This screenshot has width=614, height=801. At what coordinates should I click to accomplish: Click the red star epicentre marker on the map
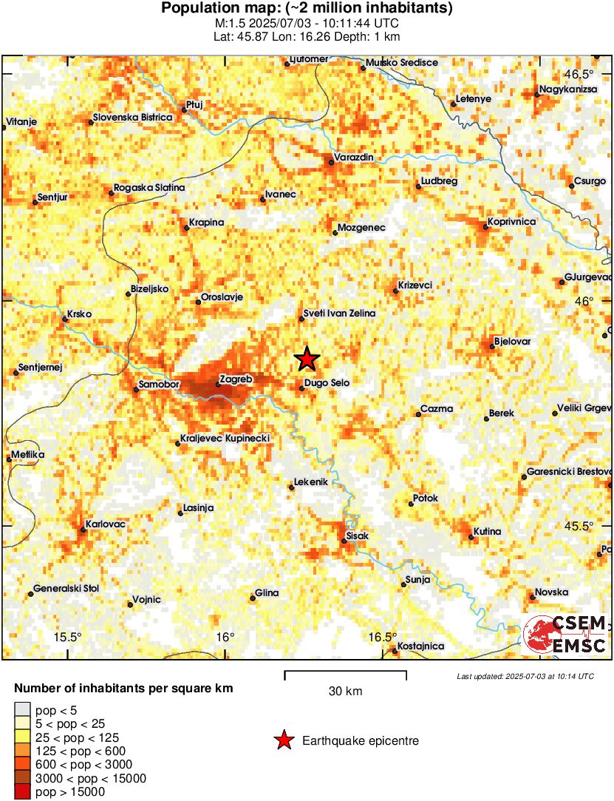click(x=307, y=359)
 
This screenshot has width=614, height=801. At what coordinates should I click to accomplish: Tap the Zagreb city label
click(x=237, y=379)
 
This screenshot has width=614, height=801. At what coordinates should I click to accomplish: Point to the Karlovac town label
click(x=106, y=524)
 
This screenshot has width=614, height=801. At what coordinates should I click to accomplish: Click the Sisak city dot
click(x=344, y=541)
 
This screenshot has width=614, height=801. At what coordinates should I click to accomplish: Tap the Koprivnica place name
click(x=511, y=221)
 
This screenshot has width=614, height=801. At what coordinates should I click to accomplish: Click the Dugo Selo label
click(x=327, y=382)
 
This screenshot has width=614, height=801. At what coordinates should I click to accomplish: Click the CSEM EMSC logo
click(x=565, y=635)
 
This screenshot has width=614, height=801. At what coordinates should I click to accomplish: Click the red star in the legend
click(x=284, y=740)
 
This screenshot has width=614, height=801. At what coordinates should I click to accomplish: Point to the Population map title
click(x=307, y=8)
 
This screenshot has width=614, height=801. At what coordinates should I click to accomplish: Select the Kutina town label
click(x=488, y=532)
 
